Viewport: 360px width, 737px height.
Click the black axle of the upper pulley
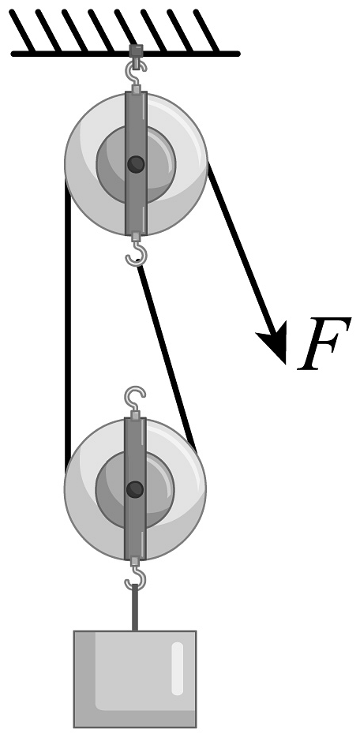point(136,164)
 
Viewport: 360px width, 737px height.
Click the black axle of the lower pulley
point(135,489)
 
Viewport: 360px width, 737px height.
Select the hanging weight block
point(135,679)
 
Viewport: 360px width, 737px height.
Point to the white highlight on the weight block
point(177,668)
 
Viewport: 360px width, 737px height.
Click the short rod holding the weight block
point(135,608)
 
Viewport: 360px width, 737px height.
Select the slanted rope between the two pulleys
point(167,356)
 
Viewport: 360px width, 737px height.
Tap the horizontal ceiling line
point(126,54)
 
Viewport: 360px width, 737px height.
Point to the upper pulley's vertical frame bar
point(136,163)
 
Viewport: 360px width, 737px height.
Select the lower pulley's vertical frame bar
point(135,488)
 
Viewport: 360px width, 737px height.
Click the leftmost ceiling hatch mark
point(21,31)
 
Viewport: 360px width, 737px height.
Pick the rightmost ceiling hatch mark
point(206,31)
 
